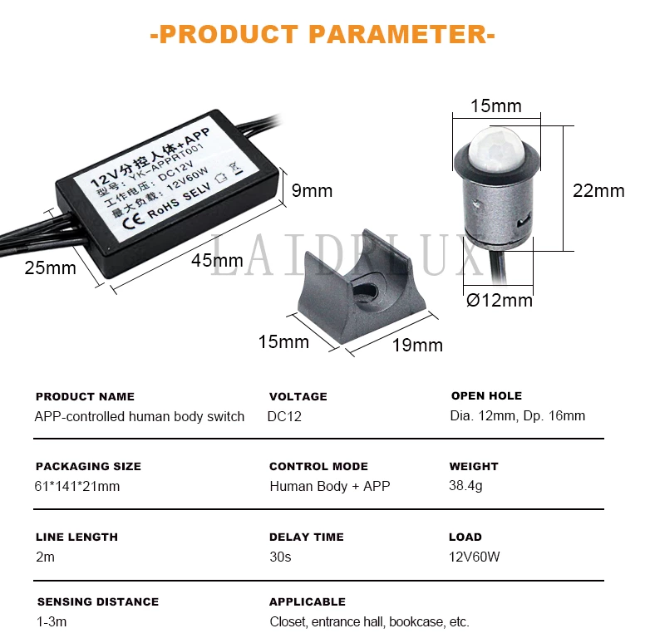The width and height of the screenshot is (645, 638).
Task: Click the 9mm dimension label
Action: click(x=312, y=191)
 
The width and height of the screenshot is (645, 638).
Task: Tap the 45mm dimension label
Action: click(x=217, y=261)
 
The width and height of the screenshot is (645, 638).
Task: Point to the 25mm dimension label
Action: click(x=50, y=268)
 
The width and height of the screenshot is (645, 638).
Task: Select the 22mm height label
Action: click(x=598, y=191)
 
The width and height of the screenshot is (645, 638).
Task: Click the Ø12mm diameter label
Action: click(x=500, y=301)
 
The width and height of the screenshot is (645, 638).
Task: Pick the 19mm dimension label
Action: click(x=417, y=346)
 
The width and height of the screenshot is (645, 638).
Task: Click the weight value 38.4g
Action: click(x=465, y=486)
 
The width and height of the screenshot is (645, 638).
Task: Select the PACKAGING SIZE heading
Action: click(x=88, y=467)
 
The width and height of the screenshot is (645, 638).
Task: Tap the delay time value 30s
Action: click(x=280, y=557)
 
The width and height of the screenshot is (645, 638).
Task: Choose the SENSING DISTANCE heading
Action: click(x=98, y=601)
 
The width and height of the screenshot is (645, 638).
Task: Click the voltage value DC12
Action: click(x=284, y=416)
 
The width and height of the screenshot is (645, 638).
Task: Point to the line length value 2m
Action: click(x=45, y=557)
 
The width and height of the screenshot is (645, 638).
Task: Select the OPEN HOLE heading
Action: click(x=486, y=396)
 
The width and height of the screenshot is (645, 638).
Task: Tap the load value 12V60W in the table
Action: click(x=475, y=557)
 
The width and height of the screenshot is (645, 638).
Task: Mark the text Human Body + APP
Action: click(x=330, y=486)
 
